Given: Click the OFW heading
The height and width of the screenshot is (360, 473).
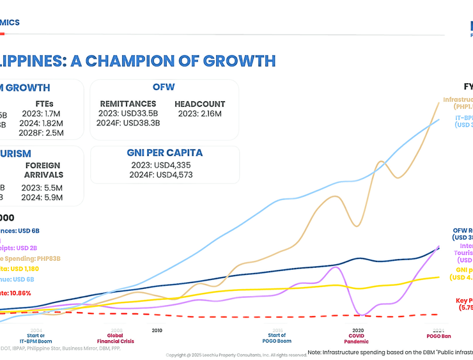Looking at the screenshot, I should pos(164,87).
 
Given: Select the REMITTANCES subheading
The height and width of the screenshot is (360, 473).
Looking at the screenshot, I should pos(128,104).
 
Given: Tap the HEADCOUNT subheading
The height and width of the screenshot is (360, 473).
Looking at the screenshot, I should pos(199,104).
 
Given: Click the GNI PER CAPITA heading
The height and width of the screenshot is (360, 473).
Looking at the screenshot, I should pos(164,153).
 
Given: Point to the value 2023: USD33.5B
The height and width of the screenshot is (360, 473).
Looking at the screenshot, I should pos(128,114).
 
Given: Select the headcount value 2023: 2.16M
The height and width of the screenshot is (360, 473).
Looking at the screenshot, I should pos(199,114).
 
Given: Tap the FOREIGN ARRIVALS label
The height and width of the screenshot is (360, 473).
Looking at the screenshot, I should pos(43,170).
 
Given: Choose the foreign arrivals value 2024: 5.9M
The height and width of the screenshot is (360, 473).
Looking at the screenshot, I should pos(42,198).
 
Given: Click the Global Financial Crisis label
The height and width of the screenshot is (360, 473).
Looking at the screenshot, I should pos(115,338).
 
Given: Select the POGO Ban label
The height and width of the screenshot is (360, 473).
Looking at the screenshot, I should pos(438,336).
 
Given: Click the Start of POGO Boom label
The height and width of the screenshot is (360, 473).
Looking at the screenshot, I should pos(276,338).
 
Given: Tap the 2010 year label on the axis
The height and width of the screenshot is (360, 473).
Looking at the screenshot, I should pos(157,331).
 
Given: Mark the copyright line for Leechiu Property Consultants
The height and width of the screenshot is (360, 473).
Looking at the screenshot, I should pos(236,355).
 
